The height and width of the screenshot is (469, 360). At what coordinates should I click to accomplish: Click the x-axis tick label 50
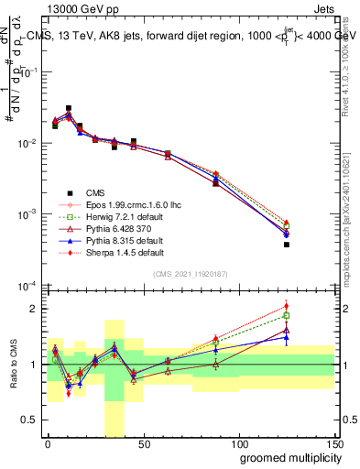point(144,445)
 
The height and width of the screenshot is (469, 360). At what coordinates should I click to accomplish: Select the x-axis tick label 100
point(239,445)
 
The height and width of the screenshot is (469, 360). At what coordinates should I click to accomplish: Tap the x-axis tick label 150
point(334,445)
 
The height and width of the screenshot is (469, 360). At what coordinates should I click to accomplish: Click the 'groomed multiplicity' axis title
point(286,458)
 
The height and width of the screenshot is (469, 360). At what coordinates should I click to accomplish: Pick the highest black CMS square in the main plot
point(69,108)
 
